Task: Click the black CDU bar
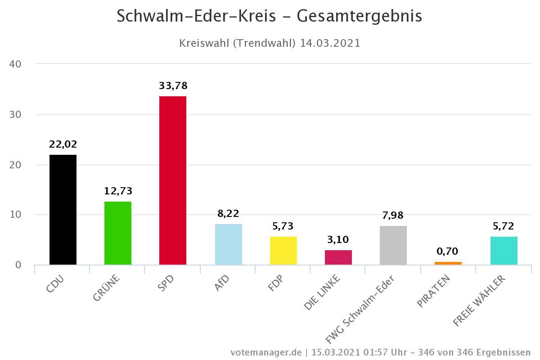(x=63, y=210)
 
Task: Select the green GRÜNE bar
(x=118, y=233)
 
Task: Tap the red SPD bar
(x=173, y=180)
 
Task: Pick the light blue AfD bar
(x=229, y=244)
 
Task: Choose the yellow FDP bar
(x=283, y=251)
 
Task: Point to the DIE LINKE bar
(x=338, y=257)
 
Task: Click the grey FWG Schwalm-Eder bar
(x=393, y=245)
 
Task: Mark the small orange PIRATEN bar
(x=448, y=263)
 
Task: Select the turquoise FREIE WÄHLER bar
(x=504, y=251)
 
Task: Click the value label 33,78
(x=173, y=85)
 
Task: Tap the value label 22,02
(x=63, y=144)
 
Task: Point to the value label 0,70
(x=448, y=252)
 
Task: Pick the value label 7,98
(x=393, y=216)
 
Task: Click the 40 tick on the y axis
(x=15, y=64)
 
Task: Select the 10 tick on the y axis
(x=15, y=215)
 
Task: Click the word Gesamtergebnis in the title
(x=360, y=16)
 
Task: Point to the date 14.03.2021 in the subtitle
(x=330, y=43)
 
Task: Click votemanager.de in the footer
(x=266, y=352)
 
